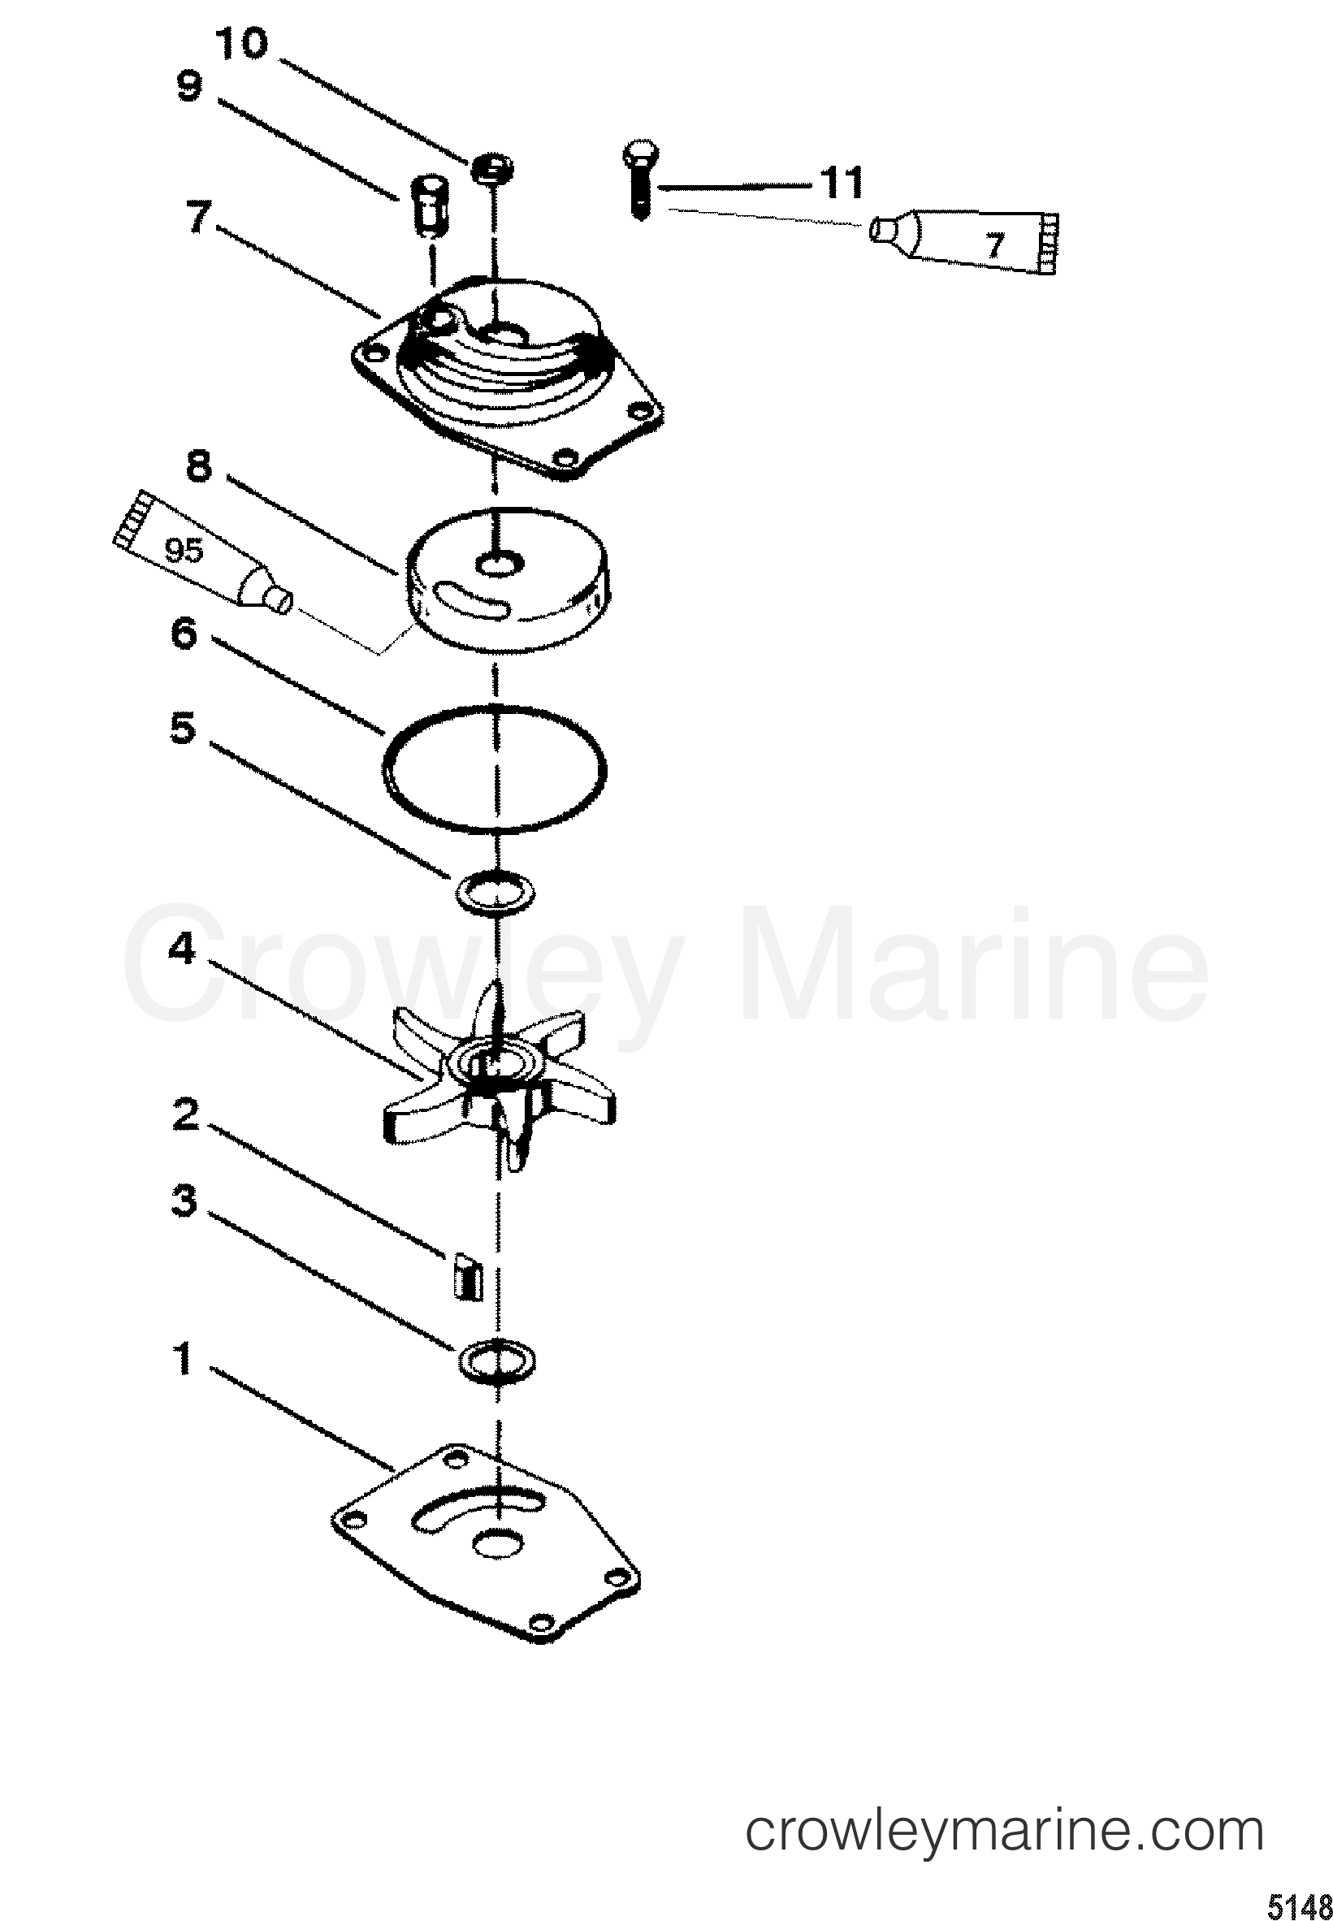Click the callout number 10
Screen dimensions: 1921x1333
pyautogui.click(x=242, y=44)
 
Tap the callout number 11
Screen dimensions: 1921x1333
pyautogui.click(x=841, y=183)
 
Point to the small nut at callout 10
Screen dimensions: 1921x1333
pyautogui.click(x=493, y=169)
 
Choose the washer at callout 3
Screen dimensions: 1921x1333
pyautogui.click(x=496, y=1362)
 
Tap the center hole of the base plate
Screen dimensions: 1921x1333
pyautogui.click(x=496, y=1543)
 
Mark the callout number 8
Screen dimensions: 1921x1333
pyautogui.click(x=198, y=465)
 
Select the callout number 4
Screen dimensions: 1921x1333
pyautogui.click(x=182, y=949)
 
